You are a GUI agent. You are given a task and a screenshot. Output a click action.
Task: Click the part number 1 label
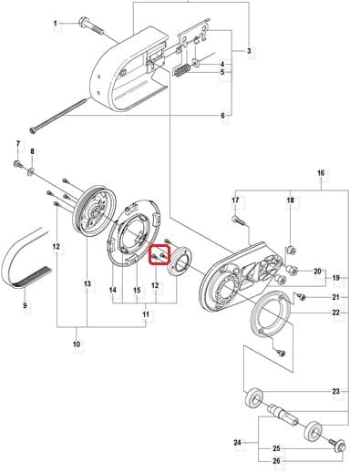click(x=56, y=24)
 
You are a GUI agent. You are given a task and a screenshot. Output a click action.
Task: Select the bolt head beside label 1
click(x=83, y=23)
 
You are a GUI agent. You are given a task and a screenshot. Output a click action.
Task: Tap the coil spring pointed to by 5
click(x=182, y=71)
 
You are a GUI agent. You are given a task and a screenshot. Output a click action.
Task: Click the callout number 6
click(x=222, y=116)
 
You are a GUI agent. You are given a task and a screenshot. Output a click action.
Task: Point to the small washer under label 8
click(x=32, y=172)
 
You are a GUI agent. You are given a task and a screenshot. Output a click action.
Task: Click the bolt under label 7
click(x=18, y=165)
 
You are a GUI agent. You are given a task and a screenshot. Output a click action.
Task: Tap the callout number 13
click(x=87, y=284)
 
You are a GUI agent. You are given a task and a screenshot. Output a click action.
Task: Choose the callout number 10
click(x=77, y=344)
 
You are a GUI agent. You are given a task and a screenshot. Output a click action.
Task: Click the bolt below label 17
click(x=239, y=220)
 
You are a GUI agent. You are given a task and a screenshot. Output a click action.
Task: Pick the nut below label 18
click(x=292, y=251)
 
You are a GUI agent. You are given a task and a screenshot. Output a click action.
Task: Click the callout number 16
click(x=321, y=173)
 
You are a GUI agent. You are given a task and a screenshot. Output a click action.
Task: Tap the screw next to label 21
click(x=301, y=296)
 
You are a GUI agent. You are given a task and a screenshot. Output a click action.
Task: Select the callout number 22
click(x=335, y=313)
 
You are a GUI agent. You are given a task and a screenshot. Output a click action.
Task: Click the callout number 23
click(x=335, y=392)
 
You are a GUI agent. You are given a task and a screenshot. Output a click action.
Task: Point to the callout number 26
click(x=276, y=461)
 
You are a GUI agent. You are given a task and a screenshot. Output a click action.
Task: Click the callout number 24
click(x=237, y=443)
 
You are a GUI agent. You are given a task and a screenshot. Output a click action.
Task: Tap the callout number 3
click(x=249, y=51)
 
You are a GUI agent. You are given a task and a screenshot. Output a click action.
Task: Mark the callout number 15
click(x=137, y=291)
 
